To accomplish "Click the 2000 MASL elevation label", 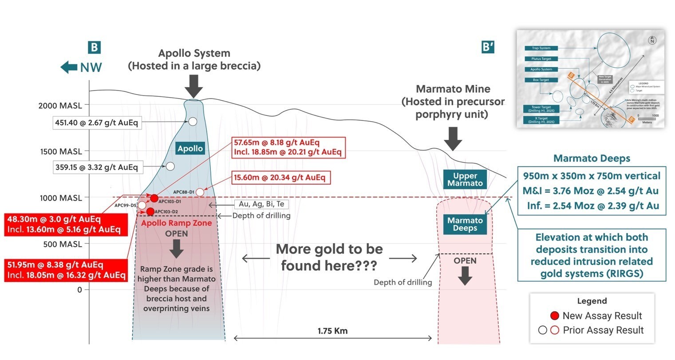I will click(x=60, y=106).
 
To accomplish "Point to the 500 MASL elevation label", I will click(x=62, y=244).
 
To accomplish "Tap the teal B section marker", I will click(x=94, y=47).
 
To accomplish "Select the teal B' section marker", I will click(x=488, y=47).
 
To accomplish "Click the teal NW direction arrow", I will click(x=69, y=67).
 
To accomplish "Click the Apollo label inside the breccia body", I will click(x=190, y=149).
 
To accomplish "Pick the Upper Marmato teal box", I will click(x=465, y=179).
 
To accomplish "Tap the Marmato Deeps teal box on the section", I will click(x=465, y=224).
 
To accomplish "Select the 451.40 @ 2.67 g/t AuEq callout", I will click(x=97, y=123).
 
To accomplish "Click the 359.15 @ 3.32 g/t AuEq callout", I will click(x=96, y=167).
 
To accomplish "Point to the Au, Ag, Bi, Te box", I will click(x=261, y=204).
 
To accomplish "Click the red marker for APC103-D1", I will click(x=154, y=198).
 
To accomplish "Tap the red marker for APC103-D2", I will click(x=150, y=211).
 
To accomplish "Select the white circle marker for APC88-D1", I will click(x=200, y=192).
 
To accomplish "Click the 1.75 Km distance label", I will click(x=332, y=331).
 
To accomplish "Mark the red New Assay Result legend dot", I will click(x=554, y=316).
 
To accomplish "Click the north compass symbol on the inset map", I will click(x=652, y=40).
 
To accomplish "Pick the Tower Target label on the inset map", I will click(x=541, y=108).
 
